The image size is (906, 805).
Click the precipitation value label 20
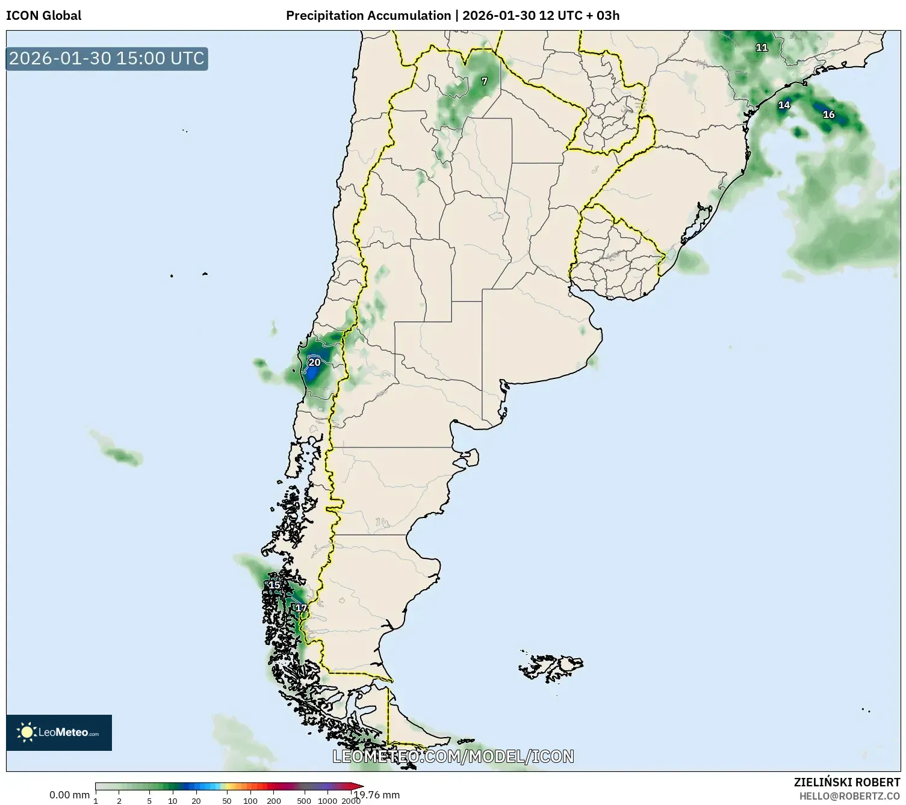tap(314, 362)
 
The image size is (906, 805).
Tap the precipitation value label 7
tap(484, 81)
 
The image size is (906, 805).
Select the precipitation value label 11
tap(762, 48)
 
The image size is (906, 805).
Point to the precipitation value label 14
tap(783, 105)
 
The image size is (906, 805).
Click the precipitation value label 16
tap(828, 114)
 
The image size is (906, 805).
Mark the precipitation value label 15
tap(274, 585)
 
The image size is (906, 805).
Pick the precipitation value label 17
tap(301, 608)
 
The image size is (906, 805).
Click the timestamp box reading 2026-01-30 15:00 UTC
tap(107, 58)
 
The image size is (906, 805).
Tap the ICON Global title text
tap(43, 16)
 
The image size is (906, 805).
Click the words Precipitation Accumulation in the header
tap(368, 16)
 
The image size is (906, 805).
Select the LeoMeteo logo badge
tap(59, 732)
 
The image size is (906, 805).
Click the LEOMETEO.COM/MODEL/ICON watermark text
tap(453, 756)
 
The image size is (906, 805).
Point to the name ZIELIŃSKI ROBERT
tap(846, 782)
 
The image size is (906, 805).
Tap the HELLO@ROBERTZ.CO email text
tap(849, 795)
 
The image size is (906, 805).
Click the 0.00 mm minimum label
tap(69, 795)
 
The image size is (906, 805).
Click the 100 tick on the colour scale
tap(250, 801)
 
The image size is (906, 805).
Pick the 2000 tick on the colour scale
tap(351, 801)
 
